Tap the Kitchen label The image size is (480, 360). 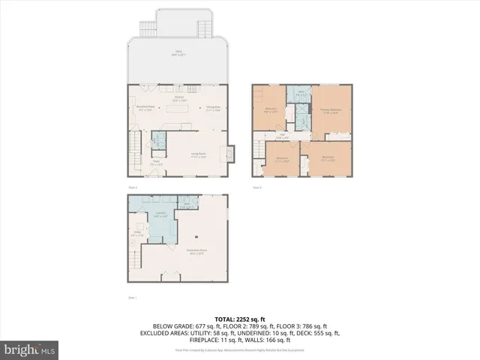point(179,98)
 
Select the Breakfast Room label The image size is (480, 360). point(145,108)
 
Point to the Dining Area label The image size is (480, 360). point(214,108)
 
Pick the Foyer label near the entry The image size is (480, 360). point(157,161)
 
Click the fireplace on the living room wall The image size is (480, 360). point(223,153)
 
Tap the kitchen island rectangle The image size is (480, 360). point(179,109)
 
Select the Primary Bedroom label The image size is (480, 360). point(331,111)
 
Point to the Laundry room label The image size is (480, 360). point(160,214)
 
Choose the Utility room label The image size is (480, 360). point(137,233)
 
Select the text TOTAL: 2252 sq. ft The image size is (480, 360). point(239,318)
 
